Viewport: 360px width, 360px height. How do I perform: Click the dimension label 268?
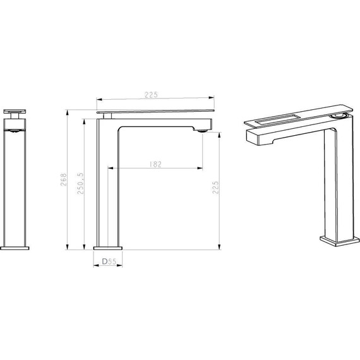click(64, 179)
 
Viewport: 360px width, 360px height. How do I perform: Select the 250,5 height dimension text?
click(81, 183)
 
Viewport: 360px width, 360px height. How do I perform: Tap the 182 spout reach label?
click(155, 164)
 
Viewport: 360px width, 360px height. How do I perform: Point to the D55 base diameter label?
click(109, 261)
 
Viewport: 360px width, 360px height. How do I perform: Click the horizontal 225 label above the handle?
click(152, 95)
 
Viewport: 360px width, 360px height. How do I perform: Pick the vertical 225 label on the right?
click(215, 188)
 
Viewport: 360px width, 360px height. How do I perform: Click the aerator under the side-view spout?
click(202, 131)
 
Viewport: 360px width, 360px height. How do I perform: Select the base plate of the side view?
click(108, 248)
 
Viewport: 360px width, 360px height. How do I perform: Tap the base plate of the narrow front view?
click(15, 248)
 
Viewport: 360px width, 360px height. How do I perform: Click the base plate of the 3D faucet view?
click(340, 241)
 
